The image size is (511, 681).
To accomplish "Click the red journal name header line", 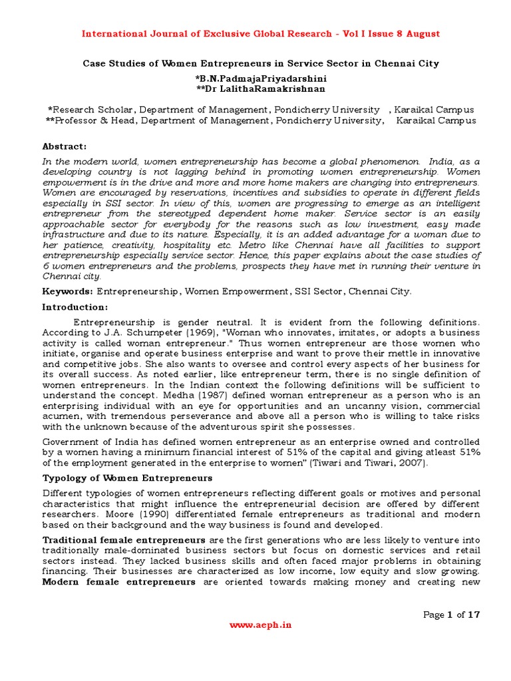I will (260, 34).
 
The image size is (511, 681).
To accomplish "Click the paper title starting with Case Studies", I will (260, 64).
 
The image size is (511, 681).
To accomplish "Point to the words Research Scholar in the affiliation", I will (92, 109).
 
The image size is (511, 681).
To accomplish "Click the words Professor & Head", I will (95, 120).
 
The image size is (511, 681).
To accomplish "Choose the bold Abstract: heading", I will (65, 146).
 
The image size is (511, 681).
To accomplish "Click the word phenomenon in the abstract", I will (386, 162).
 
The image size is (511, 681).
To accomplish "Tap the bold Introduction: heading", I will (75, 307).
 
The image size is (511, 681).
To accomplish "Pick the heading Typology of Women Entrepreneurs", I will (127, 477).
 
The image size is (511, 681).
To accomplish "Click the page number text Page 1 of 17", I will (451, 614).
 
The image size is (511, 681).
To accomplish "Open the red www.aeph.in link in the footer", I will (260, 625).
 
